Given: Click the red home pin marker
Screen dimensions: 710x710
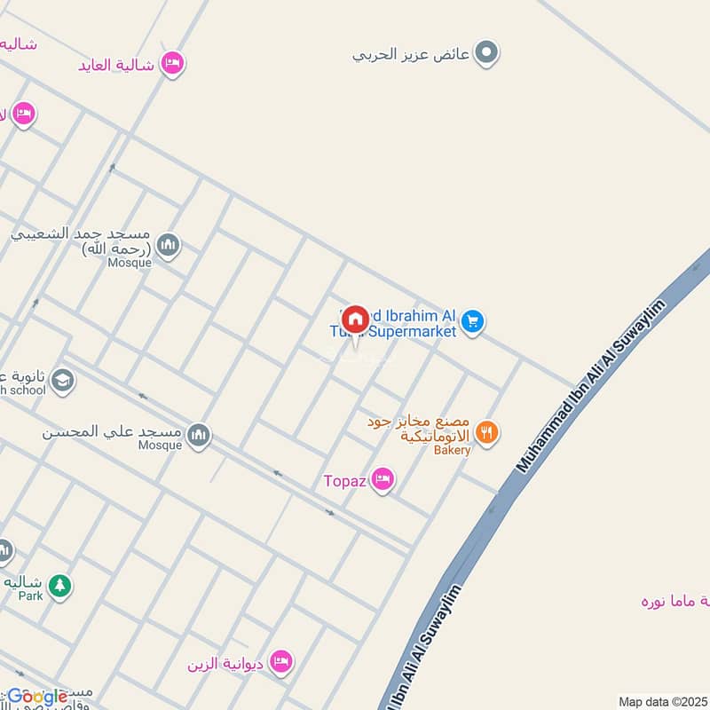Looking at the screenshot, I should pyautogui.click(x=355, y=319).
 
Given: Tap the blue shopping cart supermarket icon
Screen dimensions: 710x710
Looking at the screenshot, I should pyautogui.click(x=473, y=321).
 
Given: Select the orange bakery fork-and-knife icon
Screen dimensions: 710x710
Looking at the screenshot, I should pyautogui.click(x=486, y=432).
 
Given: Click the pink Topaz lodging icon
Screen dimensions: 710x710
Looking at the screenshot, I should pyautogui.click(x=383, y=480).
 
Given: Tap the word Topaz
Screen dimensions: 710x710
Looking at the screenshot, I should pyautogui.click(x=343, y=481).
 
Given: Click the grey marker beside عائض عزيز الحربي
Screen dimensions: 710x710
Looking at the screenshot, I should pyautogui.click(x=485, y=53).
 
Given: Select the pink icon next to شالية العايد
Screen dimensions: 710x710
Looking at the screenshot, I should pyautogui.click(x=173, y=63).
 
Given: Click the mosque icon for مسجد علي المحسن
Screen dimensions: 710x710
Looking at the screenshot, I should pyautogui.click(x=199, y=434).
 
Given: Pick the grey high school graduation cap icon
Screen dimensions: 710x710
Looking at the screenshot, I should pyautogui.click(x=62, y=382).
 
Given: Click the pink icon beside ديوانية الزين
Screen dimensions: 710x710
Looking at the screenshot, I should pyautogui.click(x=281, y=661).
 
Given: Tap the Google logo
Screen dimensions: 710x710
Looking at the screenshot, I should pyautogui.click(x=38, y=697).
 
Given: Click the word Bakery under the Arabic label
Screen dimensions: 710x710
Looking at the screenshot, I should pyautogui.click(x=452, y=450).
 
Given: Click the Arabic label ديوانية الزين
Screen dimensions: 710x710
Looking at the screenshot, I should pyautogui.click(x=226, y=662).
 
